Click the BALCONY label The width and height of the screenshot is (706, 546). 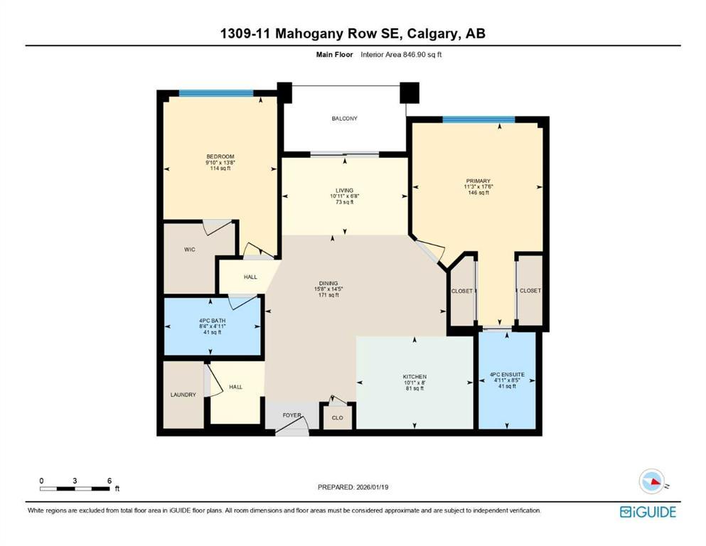[344, 119]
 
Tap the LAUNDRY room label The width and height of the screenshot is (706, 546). [183, 395]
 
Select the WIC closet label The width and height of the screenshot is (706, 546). [190, 250]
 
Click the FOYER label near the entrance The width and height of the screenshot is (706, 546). [292, 414]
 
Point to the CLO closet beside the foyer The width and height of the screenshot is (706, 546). [337, 417]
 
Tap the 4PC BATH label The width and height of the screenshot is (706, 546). [212, 320]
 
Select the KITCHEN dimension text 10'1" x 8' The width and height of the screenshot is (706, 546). [414, 382]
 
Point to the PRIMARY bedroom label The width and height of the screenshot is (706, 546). [478, 181]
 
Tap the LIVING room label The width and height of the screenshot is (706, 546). [345, 190]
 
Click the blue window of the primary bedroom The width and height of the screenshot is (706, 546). [478, 119]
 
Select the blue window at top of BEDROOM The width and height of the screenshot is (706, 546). [215, 93]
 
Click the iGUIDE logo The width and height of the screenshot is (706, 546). [648, 512]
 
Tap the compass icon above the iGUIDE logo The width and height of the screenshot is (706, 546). [652, 482]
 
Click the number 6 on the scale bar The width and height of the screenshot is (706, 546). [109, 481]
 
